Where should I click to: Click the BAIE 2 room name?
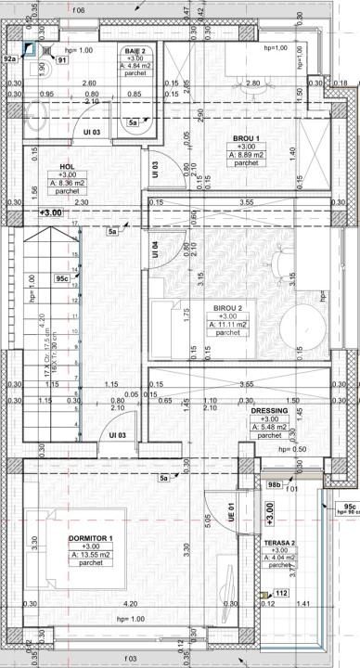click(x=136, y=51)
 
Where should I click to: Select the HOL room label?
click(x=67, y=166)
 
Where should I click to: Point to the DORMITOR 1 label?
click(x=90, y=539)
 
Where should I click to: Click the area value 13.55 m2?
click(x=90, y=557)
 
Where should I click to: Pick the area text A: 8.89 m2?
click(x=246, y=155)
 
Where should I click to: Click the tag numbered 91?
click(x=61, y=59)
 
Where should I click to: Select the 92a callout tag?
click(x=9, y=58)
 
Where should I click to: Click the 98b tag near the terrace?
click(x=274, y=484)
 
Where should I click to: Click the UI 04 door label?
click(x=156, y=250)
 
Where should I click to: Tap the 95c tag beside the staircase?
click(x=63, y=276)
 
